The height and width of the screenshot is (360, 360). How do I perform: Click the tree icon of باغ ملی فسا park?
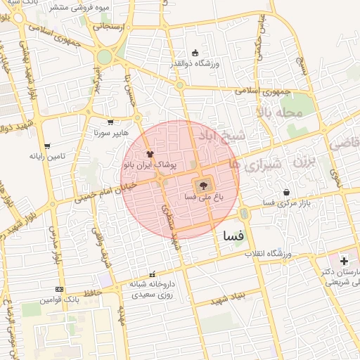click(202, 186)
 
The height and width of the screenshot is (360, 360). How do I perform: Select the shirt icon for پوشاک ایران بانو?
click(149, 153)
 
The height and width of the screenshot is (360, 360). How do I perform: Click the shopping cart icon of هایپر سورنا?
click(110, 122)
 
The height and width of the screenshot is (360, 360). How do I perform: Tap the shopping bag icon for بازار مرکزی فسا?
click(286, 192)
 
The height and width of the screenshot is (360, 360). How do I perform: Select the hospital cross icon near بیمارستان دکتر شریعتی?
click(344, 261)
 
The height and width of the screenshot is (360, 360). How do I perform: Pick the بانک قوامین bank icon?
click(58, 289)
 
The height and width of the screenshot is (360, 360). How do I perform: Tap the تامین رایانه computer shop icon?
click(47, 146)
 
